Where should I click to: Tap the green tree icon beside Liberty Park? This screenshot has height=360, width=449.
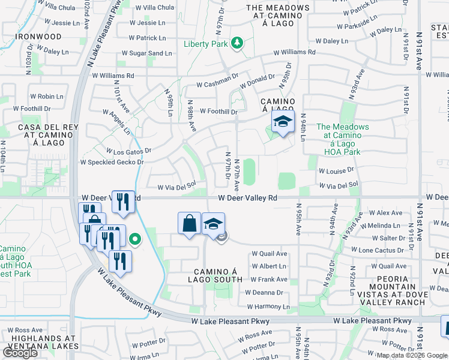point(238,43)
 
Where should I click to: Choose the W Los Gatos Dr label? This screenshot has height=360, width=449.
point(128,151)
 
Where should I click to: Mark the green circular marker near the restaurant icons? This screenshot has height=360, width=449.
point(136,241)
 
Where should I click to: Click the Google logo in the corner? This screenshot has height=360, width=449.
point(20,353)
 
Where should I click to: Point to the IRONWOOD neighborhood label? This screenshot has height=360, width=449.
point(38,37)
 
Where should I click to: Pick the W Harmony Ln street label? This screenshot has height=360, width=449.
point(268,307)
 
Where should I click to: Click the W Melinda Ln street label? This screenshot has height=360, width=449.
point(388,225)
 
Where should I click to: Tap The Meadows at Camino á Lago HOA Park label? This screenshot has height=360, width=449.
point(339,139)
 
